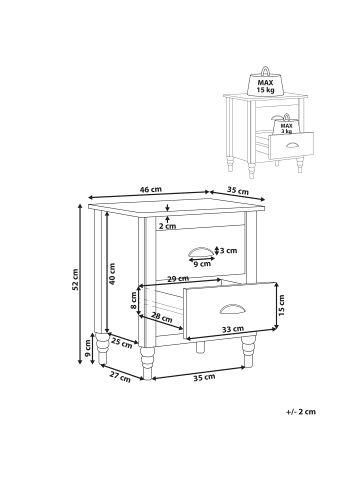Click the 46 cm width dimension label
[x=151, y=189]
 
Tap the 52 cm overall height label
[x=76, y=279]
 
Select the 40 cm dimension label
[x=112, y=274]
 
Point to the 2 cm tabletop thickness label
[x=167, y=226]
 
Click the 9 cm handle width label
[x=202, y=264]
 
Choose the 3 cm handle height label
[x=228, y=250]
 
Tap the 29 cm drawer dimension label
[x=178, y=279]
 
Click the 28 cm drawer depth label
[x=162, y=317]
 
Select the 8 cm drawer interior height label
[x=133, y=300]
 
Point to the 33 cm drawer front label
[x=233, y=329]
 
